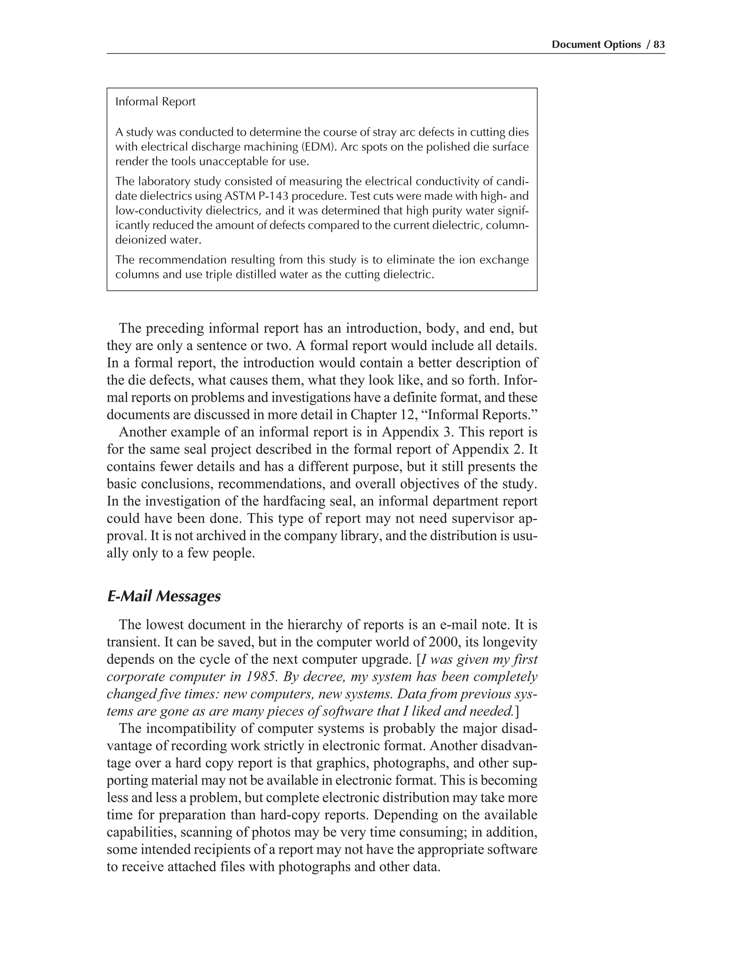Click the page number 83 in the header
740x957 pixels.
click(x=659, y=44)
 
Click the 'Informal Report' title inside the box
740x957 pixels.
click(x=155, y=102)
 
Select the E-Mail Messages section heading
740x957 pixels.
click(x=164, y=596)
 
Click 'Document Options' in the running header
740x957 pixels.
click(x=596, y=44)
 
